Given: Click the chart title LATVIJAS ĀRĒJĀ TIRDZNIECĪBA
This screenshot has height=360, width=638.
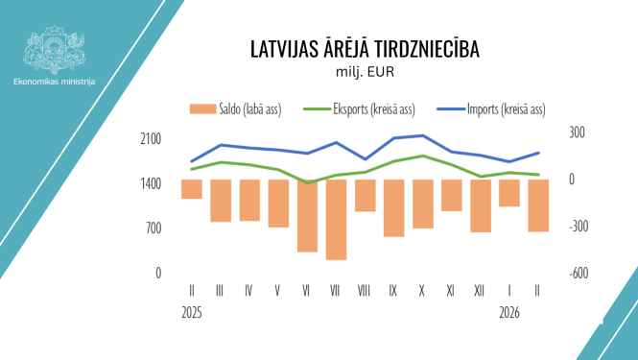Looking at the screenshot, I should coord(364,49).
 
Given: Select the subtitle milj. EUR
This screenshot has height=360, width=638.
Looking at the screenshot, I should coord(365,71).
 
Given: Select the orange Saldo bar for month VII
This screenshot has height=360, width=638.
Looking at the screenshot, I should coord(336,219).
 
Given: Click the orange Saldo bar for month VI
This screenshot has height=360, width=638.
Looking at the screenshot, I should coord(307,215).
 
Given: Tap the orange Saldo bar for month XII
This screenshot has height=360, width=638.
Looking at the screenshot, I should coord(480,205).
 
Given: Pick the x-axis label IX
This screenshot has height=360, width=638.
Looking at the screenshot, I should coord(393,289).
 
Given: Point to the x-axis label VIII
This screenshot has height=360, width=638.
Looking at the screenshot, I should coord(365,289).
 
